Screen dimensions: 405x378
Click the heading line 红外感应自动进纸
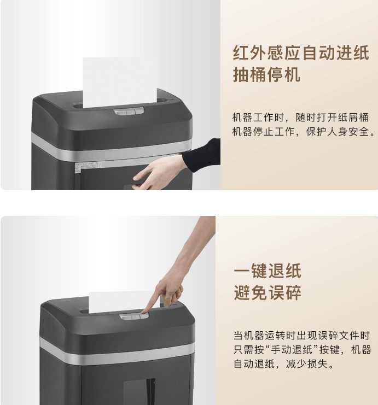tap(301, 53)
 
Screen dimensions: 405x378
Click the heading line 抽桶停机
tap(266, 74)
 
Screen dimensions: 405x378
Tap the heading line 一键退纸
tap(267, 271)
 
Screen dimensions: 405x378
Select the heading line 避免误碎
tap(267, 292)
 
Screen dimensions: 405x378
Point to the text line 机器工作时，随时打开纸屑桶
tap(300, 118)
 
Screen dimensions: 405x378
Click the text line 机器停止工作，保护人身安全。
tap(304, 132)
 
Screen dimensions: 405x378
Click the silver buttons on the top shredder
tap(129, 111)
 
